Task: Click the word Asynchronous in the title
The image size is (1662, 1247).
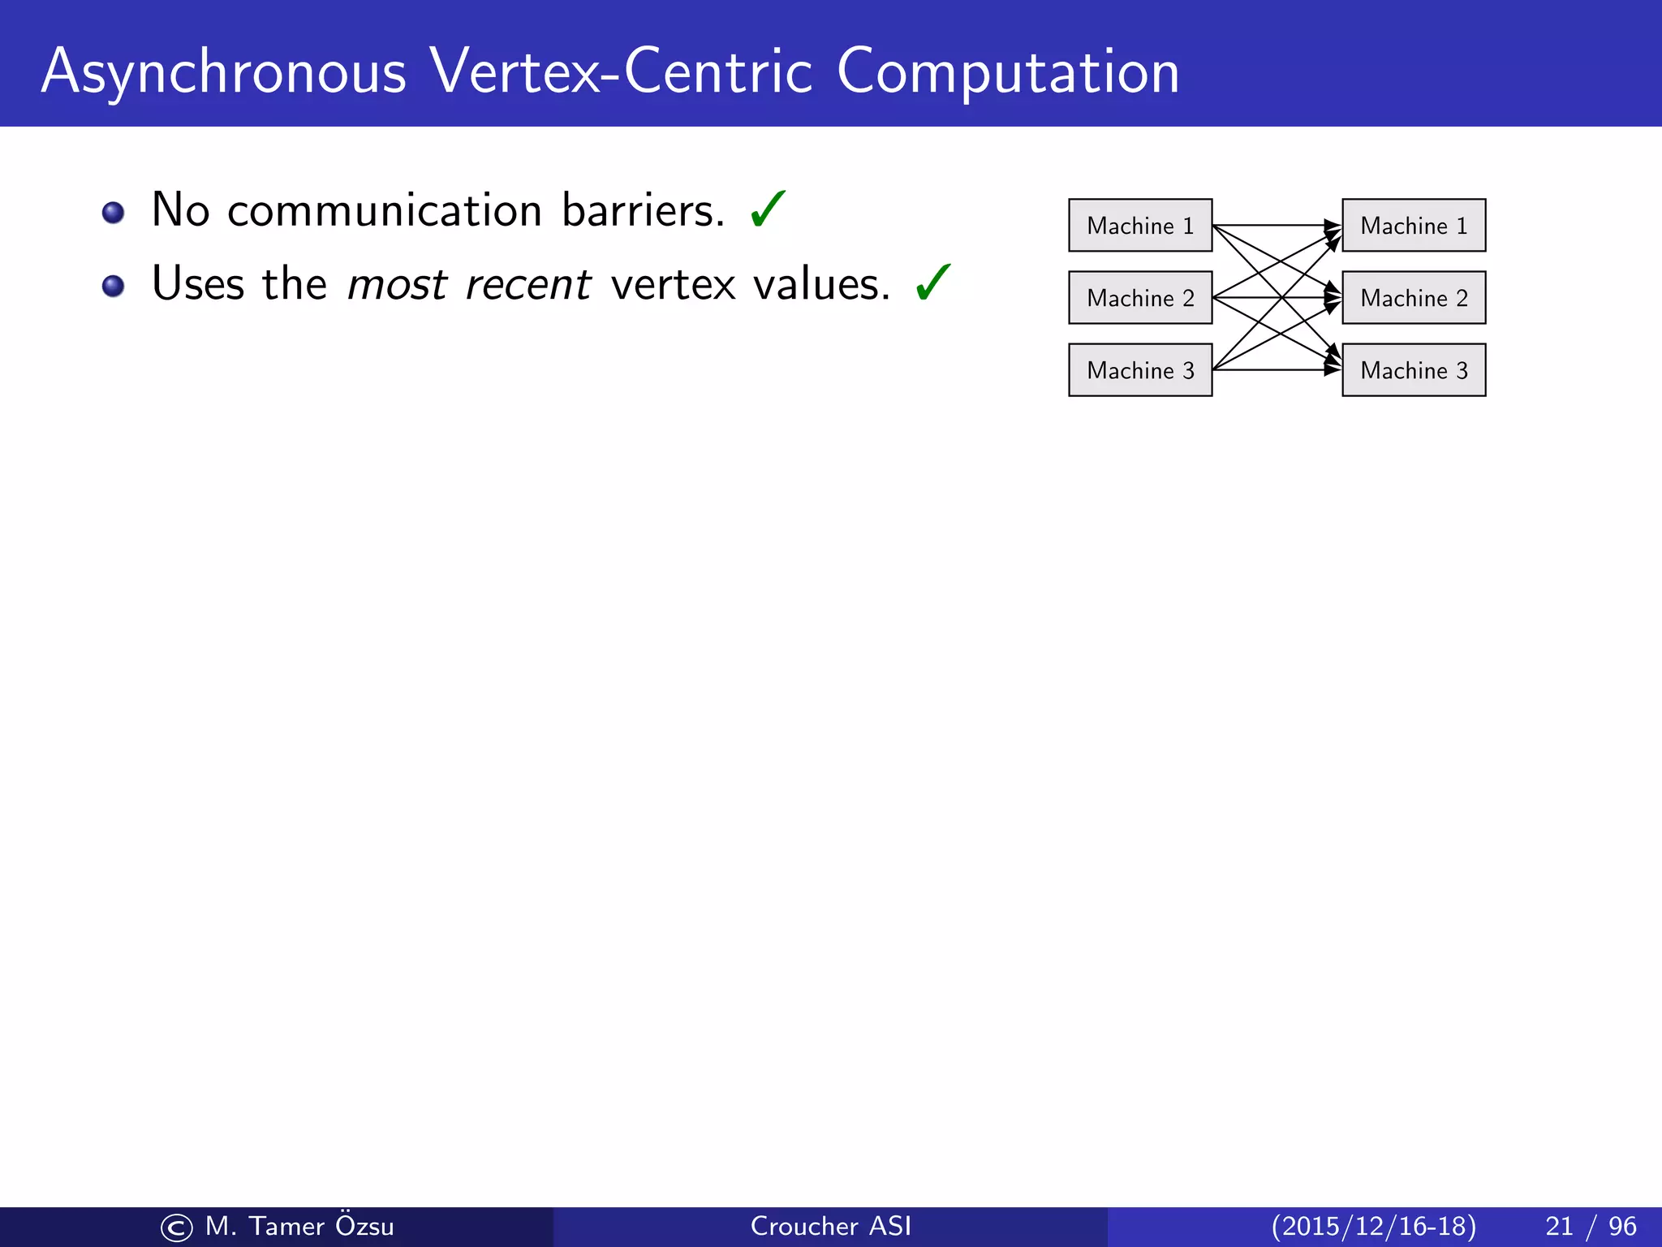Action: point(223,73)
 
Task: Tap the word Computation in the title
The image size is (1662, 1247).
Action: point(1008,73)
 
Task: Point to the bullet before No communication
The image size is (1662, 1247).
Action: point(113,213)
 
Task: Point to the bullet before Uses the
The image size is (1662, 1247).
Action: point(113,286)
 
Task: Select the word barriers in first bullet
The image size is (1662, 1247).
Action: point(642,210)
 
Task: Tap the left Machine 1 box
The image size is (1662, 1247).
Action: point(1140,225)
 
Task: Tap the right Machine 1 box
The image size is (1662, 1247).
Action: point(1414,225)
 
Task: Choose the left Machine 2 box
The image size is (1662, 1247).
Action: point(1140,297)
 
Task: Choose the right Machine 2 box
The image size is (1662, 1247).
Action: point(1414,297)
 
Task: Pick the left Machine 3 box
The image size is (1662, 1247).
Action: point(1140,369)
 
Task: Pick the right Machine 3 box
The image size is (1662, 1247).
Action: point(1414,369)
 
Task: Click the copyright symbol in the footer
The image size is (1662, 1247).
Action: point(176,1228)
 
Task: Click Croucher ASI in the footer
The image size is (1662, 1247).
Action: point(830,1226)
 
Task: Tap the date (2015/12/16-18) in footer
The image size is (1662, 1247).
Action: point(1373,1226)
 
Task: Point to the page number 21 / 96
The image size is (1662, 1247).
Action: point(1590,1226)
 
